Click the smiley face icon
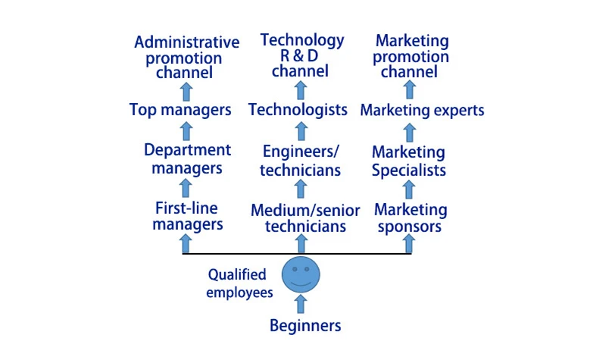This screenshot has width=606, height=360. [x=301, y=275]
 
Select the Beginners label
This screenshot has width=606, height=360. [x=305, y=326]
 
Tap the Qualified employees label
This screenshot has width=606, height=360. [x=238, y=283]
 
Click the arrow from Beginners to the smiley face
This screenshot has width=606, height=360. [x=301, y=304]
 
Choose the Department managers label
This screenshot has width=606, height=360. [x=187, y=158]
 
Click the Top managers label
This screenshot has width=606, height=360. [x=180, y=110]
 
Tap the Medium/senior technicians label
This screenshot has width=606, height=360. [x=305, y=218]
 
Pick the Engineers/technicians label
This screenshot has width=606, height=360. [x=301, y=160]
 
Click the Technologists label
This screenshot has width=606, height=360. [x=298, y=109]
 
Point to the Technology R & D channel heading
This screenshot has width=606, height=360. [x=301, y=55]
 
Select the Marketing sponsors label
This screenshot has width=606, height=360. [x=410, y=217]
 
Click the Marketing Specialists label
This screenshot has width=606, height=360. [x=409, y=161]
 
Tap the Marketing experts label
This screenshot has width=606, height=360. [x=422, y=111]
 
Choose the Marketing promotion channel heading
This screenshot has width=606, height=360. [x=412, y=56]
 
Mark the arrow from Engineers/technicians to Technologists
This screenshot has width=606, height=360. [x=301, y=131]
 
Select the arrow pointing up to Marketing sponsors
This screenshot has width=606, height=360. [x=410, y=243]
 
